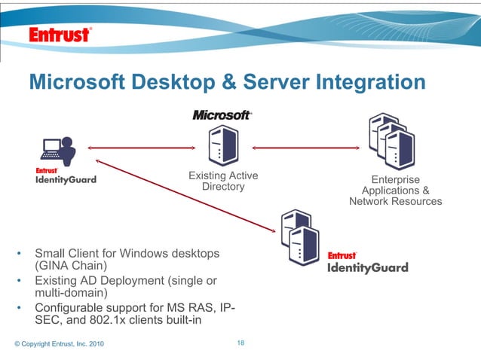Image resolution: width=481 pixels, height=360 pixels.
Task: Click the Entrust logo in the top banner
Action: pos(60,35)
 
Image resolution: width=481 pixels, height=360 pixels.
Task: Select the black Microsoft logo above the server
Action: pos(222,115)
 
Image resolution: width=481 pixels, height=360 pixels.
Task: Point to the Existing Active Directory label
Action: pos(223,181)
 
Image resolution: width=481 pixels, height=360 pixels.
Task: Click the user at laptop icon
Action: pos(60,151)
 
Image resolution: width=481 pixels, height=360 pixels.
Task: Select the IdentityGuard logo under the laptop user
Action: pos(66,176)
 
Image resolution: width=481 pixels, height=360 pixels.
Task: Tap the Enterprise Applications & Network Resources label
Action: pos(396,191)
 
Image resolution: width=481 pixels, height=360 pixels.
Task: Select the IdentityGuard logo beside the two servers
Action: pos(367,263)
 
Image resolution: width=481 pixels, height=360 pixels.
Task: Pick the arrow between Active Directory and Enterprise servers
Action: pos(305,147)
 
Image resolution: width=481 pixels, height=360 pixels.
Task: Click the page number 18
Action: pos(240,343)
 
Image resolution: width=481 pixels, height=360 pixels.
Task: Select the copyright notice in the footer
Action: pos(60,344)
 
